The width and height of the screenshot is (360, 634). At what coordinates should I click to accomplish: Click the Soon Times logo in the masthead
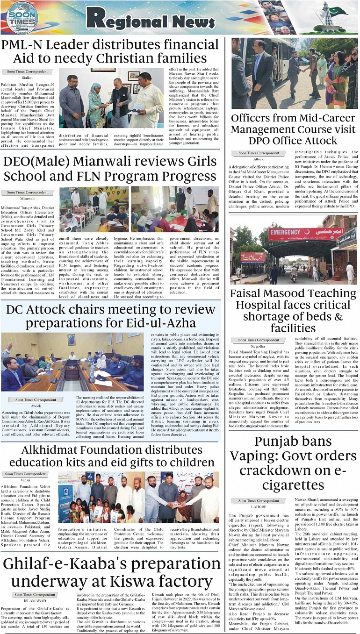click(x=22, y=18)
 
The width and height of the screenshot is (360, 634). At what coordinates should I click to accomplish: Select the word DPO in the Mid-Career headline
click(x=262, y=141)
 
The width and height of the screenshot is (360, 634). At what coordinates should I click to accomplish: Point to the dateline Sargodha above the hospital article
click(x=258, y=347)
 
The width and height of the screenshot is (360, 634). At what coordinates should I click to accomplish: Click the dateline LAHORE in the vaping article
click(x=258, y=506)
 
